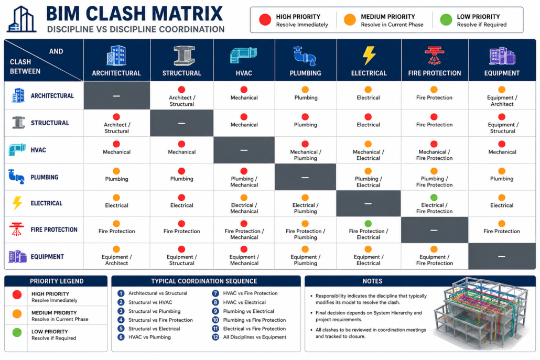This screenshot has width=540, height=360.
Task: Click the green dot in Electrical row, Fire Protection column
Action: point(434,198)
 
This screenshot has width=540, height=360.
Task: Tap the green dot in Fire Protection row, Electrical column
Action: point(368,224)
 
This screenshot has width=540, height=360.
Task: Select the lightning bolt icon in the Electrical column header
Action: point(369,56)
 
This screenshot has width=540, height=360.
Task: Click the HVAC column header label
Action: point(244,73)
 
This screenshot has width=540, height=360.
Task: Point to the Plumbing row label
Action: point(45,177)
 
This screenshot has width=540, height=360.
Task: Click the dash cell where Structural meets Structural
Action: point(182,123)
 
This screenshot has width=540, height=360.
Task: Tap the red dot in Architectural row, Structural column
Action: point(181,90)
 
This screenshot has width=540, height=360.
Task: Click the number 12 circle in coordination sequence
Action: point(215,337)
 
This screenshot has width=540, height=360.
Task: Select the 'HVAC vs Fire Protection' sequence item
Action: point(251,293)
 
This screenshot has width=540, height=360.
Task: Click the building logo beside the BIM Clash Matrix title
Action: point(21,19)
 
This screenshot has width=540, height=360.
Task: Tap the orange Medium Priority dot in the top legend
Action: point(350,19)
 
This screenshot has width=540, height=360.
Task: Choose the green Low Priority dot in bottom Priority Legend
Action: point(17,332)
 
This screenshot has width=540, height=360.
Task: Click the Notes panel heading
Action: point(372,281)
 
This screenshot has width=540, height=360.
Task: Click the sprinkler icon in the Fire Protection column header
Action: point(434,56)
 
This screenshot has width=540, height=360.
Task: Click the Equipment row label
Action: point(47,257)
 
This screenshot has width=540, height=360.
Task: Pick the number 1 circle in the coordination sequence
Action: point(121,293)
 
